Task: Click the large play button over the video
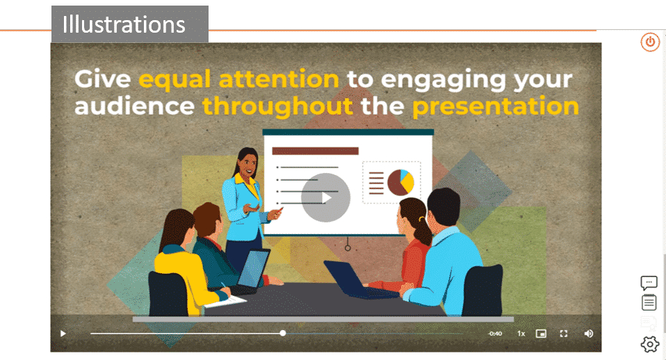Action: pyautogui.click(x=326, y=197)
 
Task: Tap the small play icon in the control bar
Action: pyautogui.click(x=63, y=334)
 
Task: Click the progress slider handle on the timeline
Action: pyautogui.click(x=283, y=334)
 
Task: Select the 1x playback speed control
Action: pyautogui.click(x=521, y=334)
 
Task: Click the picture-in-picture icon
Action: pyautogui.click(x=541, y=334)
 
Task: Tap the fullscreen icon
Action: pyautogui.click(x=564, y=334)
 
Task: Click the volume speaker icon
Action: pyautogui.click(x=588, y=334)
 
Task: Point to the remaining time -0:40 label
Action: pyautogui.click(x=495, y=334)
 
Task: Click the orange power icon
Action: pyautogui.click(x=650, y=42)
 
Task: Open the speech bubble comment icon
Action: pyautogui.click(x=649, y=283)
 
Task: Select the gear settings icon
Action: pyautogui.click(x=650, y=344)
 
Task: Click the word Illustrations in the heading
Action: pyautogui.click(x=124, y=24)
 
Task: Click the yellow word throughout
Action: pyautogui.click(x=277, y=106)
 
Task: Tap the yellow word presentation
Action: pyautogui.click(x=496, y=106)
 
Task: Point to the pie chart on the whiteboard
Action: pyautogui.click(x=400, y=182)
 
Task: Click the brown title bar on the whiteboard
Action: pyautogui.click(x=315, y=151)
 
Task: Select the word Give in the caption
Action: pyautogui.click(x=103, y=79)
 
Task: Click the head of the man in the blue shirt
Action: pyautogui.click(x=444, y=208)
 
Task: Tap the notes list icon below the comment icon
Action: pyautogui.click(x=649, y=303)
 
